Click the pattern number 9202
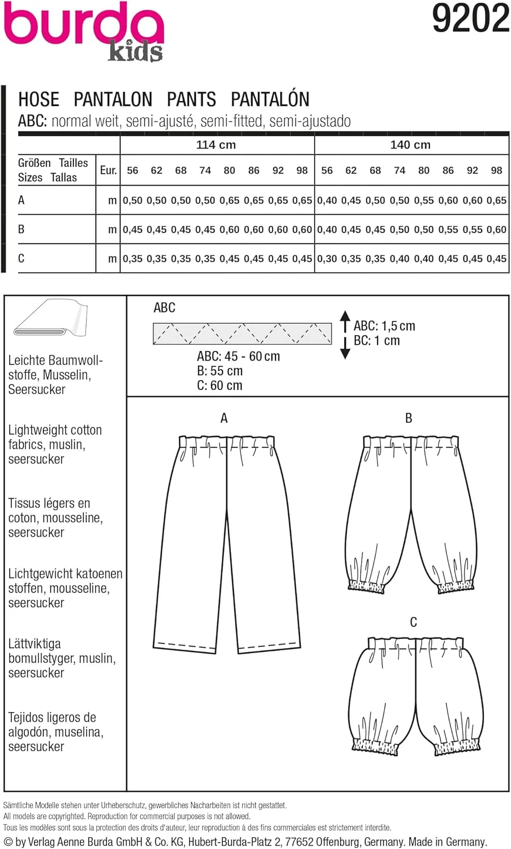click(x=470, y=19)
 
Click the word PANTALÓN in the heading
click(x=270, y=100)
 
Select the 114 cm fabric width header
click(x=216, y=145)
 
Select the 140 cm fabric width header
click(x=410, y=145)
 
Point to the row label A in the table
click(x=22, y=200)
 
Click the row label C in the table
click(x=22, y=259)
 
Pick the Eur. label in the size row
click(x=108, y=170)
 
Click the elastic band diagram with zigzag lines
click(x=242, y=334)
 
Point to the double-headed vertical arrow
click(x=345, y=334)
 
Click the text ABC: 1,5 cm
click(x=384, y=326)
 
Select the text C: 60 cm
click(x=220, y=385)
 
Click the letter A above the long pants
click(x=224, y=418)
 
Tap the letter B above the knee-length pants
click(x=409, y=418)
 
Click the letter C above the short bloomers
click(x=413, y=622)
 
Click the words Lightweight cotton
click(x=55, y=430)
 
